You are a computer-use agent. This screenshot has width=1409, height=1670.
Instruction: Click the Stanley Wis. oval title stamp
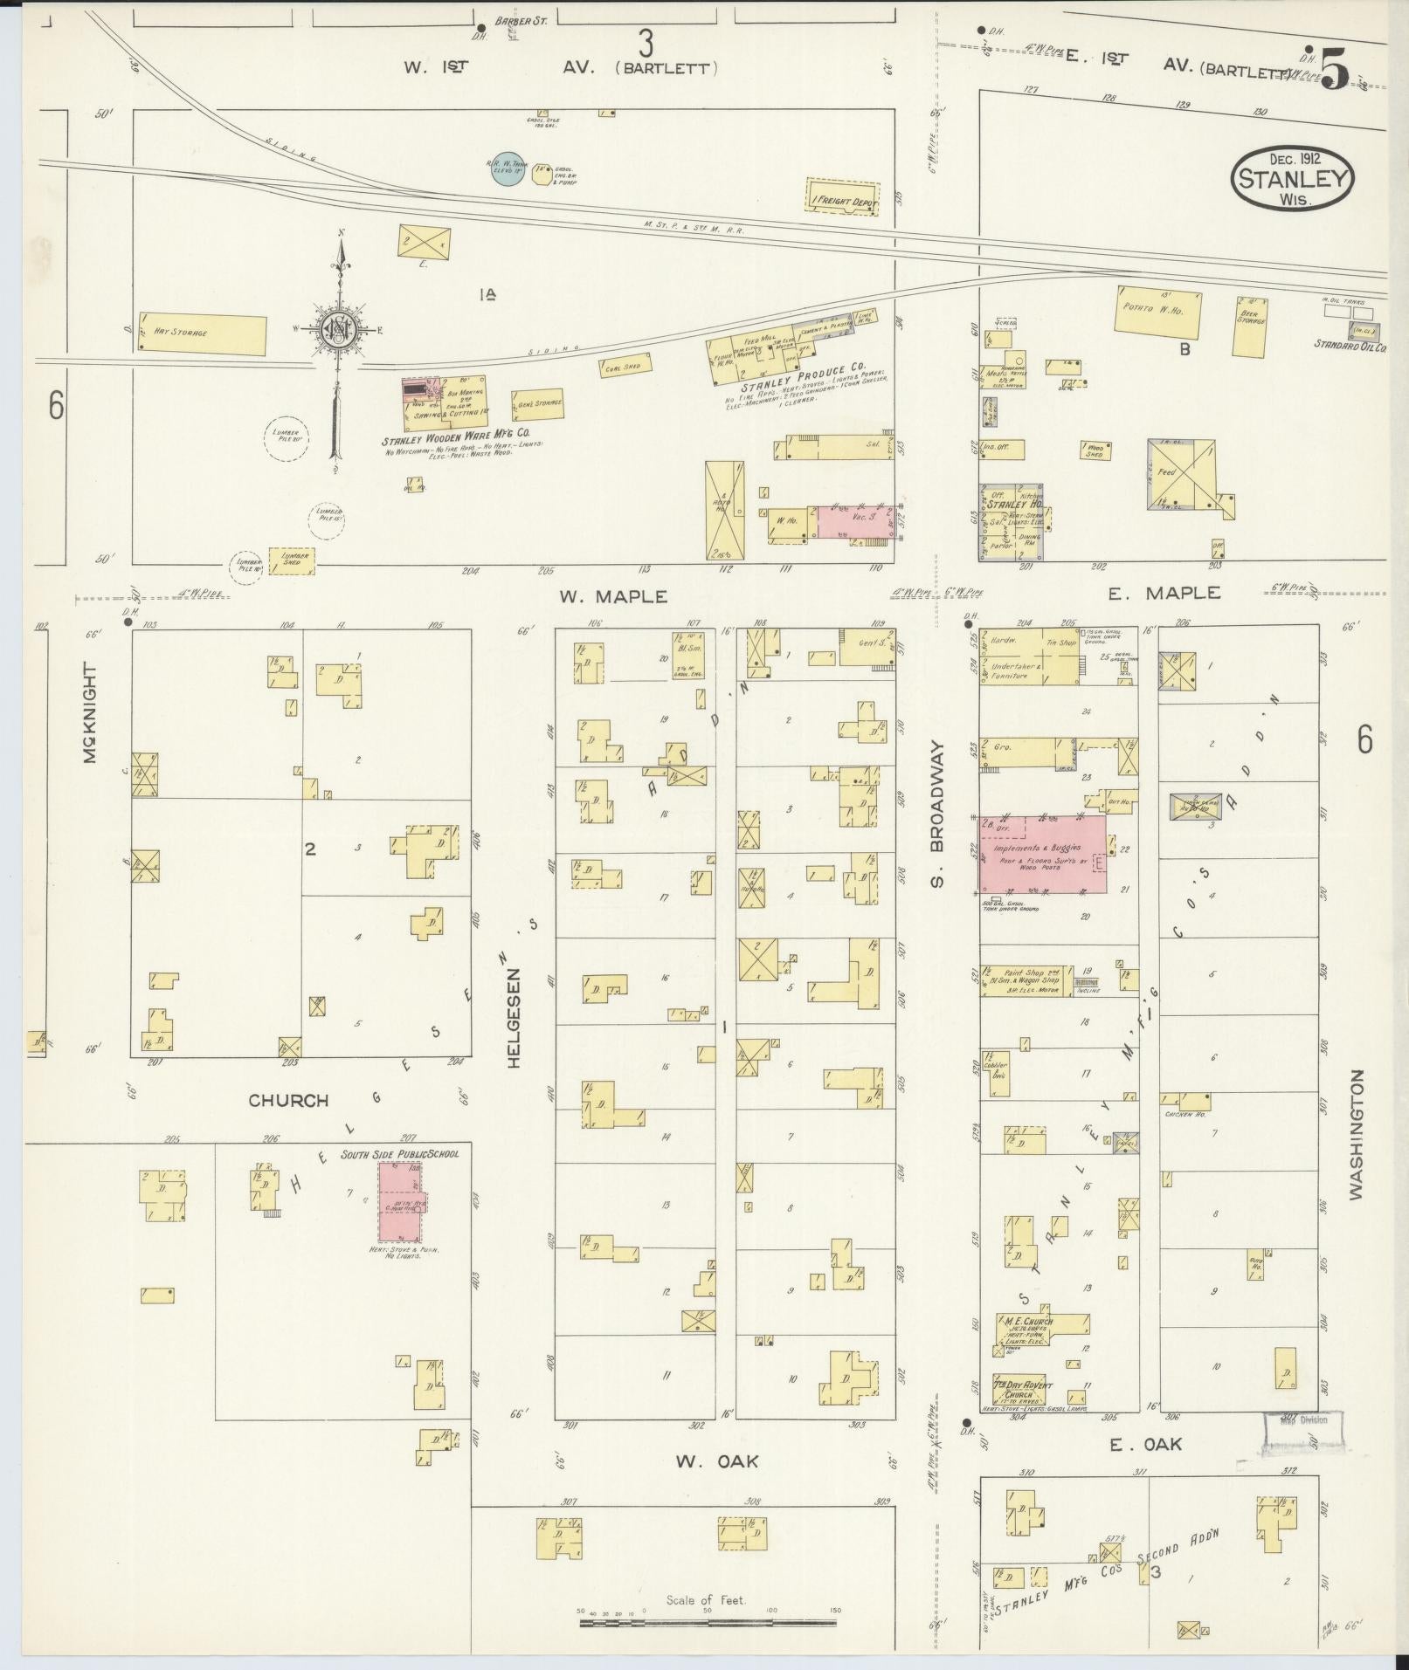pyautogui.click(x=1292, y=178)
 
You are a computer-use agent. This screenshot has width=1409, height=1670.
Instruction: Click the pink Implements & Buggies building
pyautogui.click(x=1041, y=855)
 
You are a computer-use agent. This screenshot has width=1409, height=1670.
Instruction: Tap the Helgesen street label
pyautogui.click(x=514, y=1017)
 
